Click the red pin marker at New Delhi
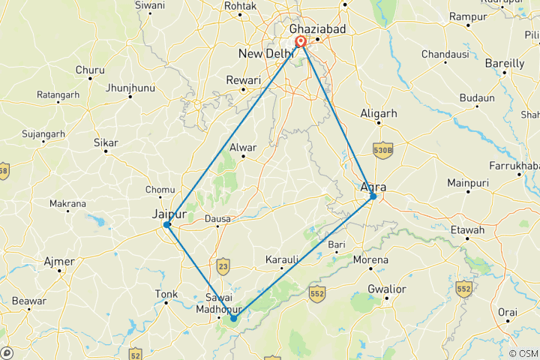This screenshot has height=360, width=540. (300, 43)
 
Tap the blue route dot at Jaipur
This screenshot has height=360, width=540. (167, 224)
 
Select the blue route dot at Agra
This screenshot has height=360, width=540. (373, 196)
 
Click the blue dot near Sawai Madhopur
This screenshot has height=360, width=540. (234, 318)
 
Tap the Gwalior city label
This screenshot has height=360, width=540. (387, 289)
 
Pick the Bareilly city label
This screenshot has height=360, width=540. (505, 64)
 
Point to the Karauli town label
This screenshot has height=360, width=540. (283, 260)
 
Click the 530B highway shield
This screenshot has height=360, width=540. (383, 151)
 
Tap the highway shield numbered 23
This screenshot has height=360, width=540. (223, 265)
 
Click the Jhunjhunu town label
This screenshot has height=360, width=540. (130, 88)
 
